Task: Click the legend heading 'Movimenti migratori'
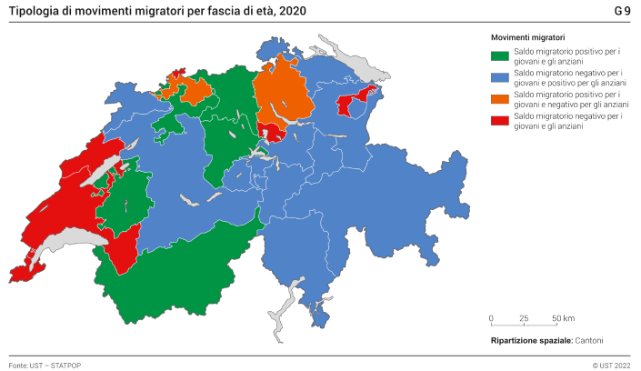coord(529,36)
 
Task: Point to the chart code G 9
coord(622,11)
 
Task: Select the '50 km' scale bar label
coord(564,318)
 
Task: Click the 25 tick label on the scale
coord(524,318)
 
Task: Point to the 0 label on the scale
coord(491,318)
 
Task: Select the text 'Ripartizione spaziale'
coord(530,339)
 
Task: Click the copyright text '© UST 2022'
coord(611,363)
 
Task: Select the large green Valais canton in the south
coord(182,273)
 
